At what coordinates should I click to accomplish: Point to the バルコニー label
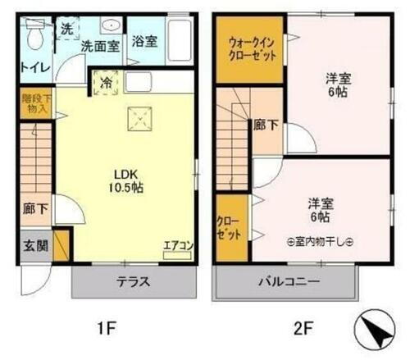coord(287,283)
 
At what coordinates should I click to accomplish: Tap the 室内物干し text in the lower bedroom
coord(321,242)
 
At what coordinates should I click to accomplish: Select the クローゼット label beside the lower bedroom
coord(230,228)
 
